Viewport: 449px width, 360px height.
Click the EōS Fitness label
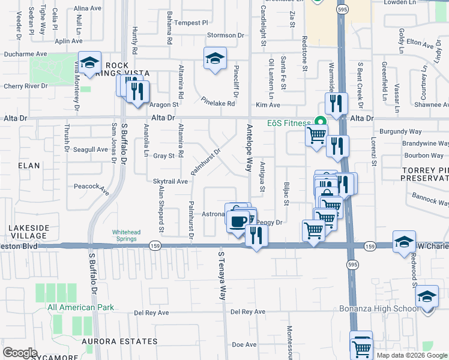(x=290, y=122)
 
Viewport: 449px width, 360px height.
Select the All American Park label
(x=80, y=308)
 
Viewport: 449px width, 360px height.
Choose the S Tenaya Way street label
(x=221, y=276)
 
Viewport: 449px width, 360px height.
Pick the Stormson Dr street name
(x=226, y=35)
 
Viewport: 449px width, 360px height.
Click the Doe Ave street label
(x=244, y=344)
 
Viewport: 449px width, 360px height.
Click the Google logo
(x=20, y=352)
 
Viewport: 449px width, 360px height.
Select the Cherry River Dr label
(x=25, y=86)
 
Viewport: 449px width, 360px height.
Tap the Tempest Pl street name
(x=191, y=23)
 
